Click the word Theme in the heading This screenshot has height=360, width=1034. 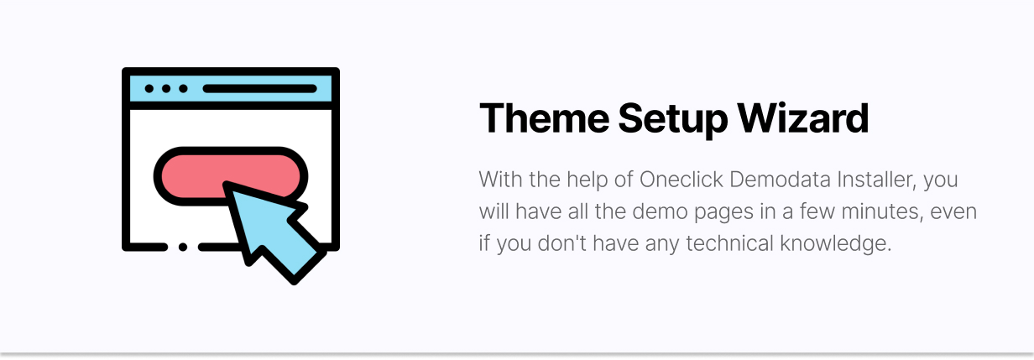point(544,118)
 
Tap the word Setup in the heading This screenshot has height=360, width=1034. point(672,121)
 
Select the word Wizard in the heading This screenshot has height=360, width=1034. point(802,118)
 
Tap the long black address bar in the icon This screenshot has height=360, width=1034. point(260,89)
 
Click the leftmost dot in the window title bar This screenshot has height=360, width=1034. point(149,89)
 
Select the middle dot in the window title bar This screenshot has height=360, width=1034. point(166,89)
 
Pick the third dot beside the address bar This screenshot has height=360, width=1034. point(183,89)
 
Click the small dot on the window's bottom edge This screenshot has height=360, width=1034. point(183,247)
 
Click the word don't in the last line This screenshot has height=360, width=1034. point(561,243)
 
